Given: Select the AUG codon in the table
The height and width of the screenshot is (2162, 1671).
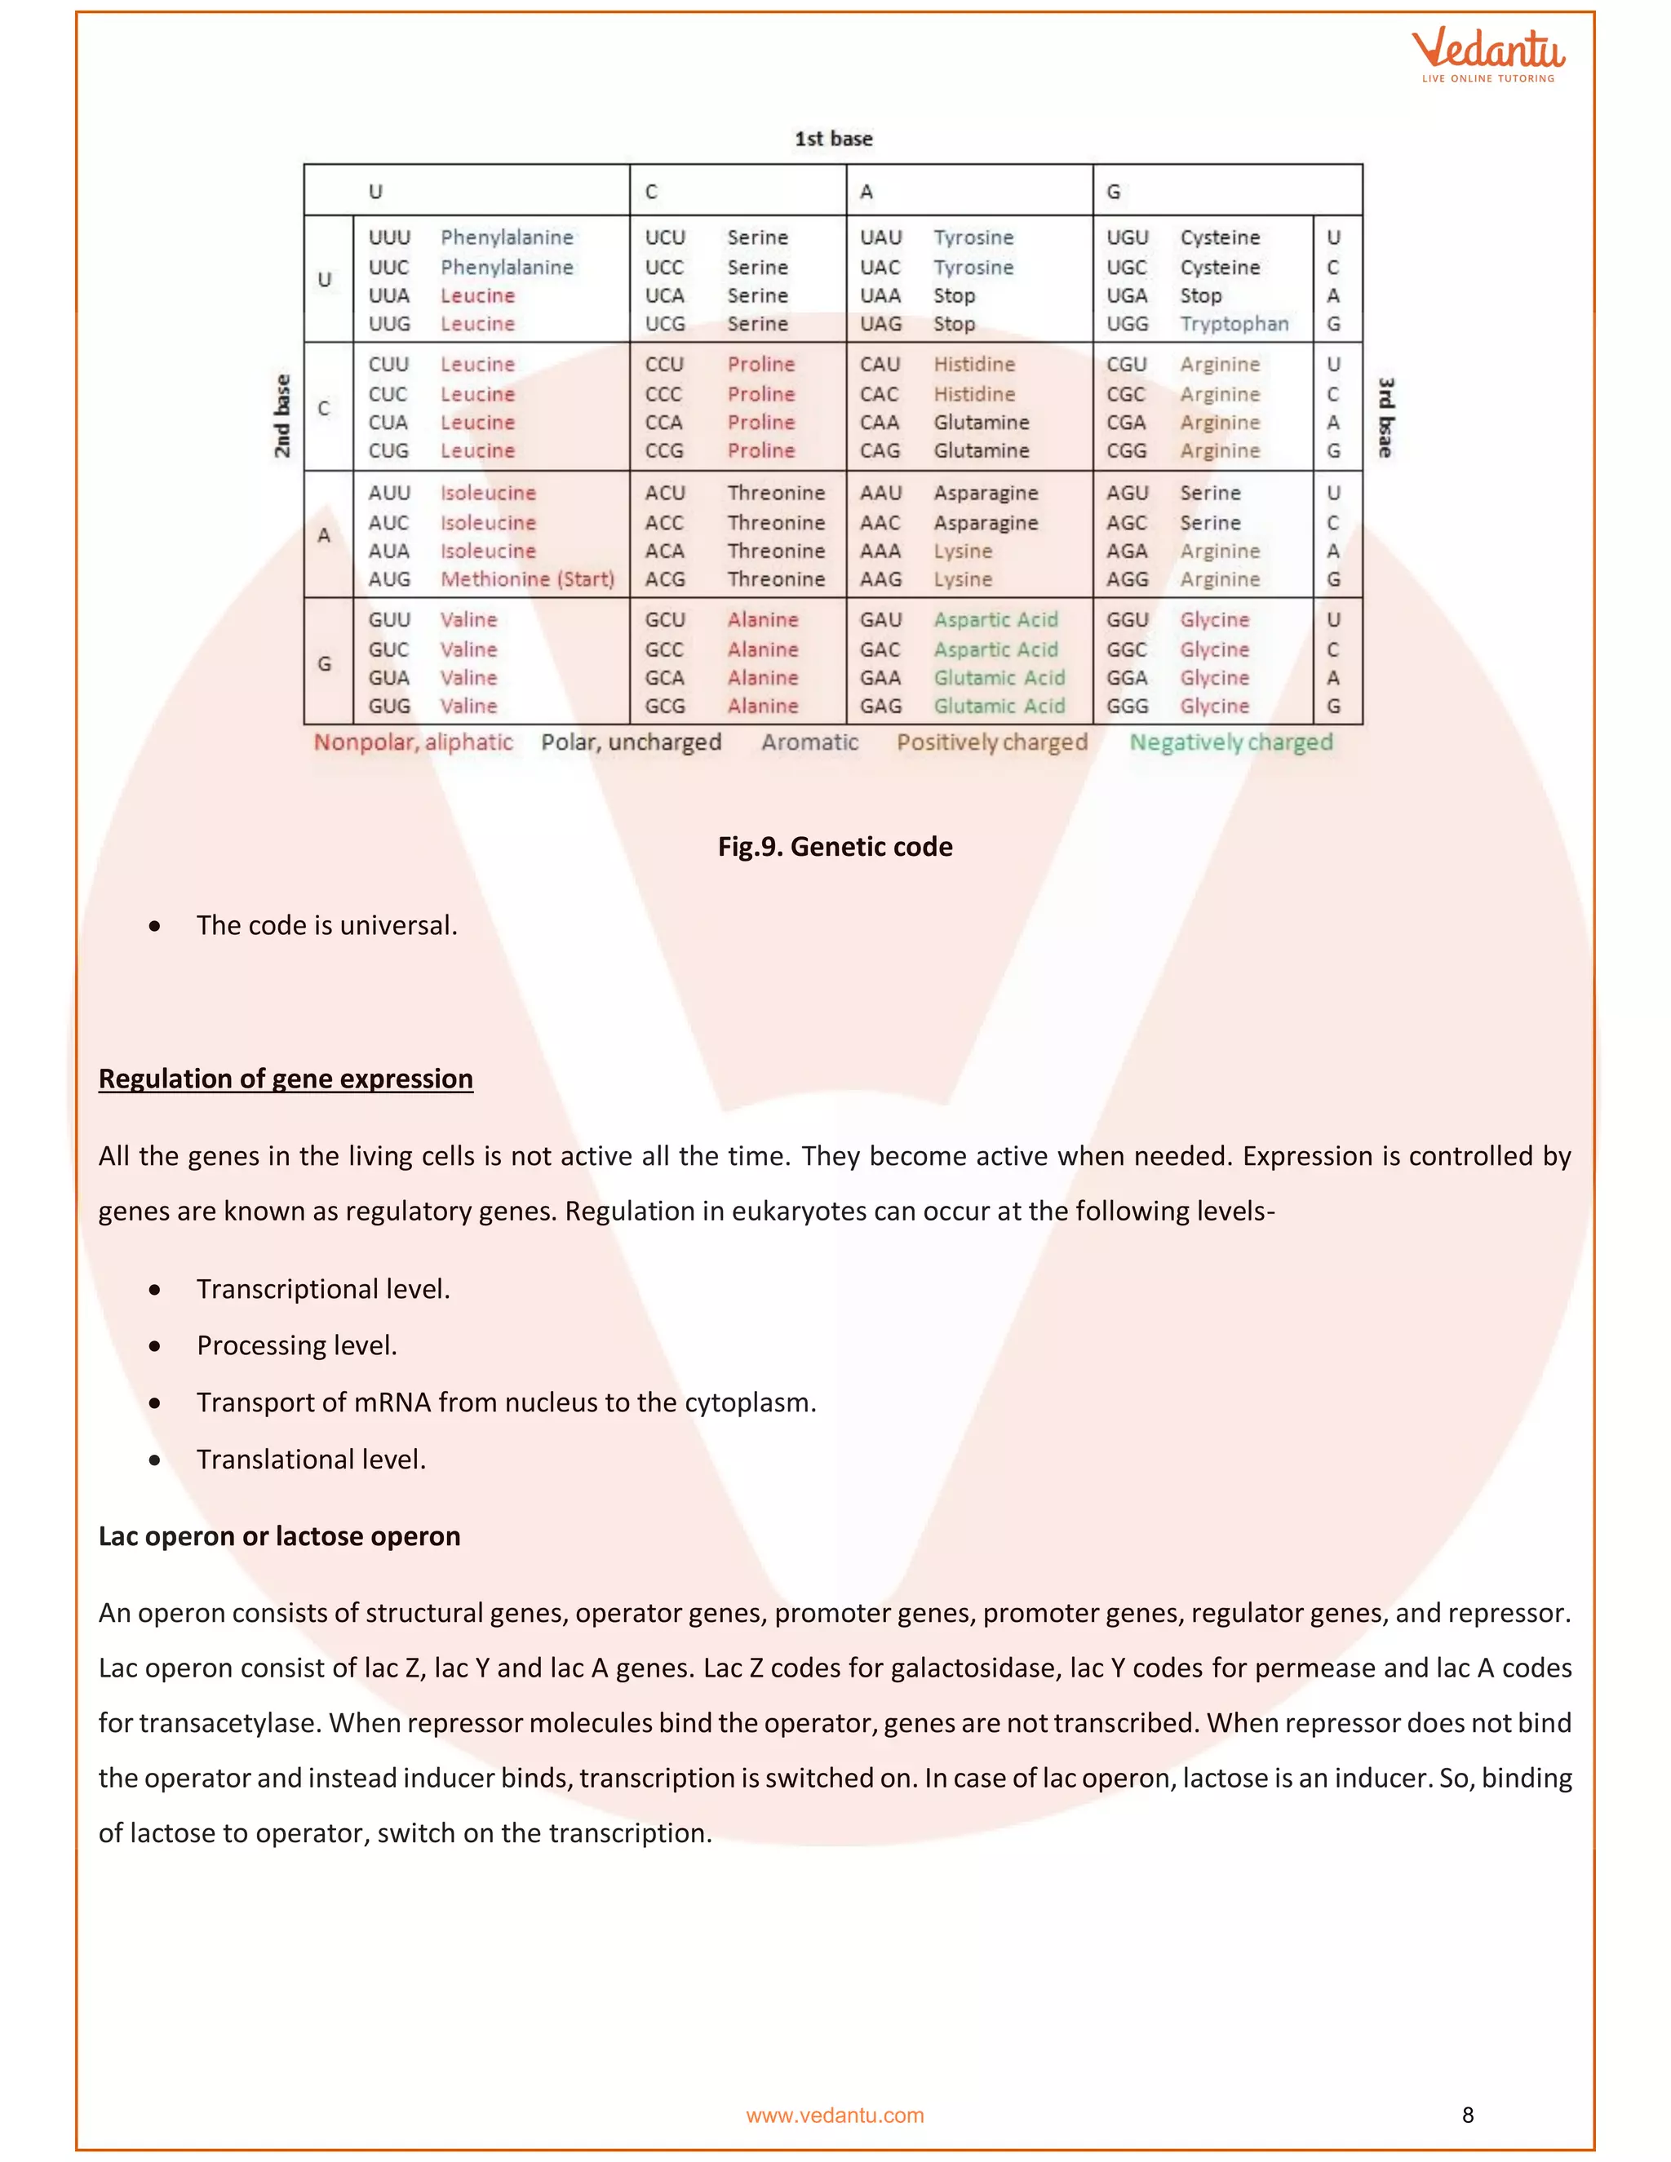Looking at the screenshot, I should click(x=389, y=579).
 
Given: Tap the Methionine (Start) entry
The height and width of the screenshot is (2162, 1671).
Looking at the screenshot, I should click(x=526, y=579).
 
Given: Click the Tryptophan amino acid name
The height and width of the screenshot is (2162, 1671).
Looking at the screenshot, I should click(x=1234, y=324).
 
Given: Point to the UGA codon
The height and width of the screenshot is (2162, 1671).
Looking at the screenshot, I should click(x=1127, y=295).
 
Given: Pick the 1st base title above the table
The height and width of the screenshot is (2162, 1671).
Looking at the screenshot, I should click(x=834, y=139).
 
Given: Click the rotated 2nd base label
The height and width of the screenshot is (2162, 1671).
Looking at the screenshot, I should click(x=283, y=416).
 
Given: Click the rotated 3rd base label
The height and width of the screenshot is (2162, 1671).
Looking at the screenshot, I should click(x=1386, y=417).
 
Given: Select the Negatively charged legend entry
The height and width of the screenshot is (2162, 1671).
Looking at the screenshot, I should click(x=1230, y=742).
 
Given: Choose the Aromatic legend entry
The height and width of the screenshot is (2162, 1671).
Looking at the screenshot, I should click(x=809, y=742).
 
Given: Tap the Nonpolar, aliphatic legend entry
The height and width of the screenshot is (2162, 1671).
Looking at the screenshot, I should click(x=413, y=742).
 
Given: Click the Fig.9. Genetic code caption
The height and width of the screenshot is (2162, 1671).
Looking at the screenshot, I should click(x=835, y=846).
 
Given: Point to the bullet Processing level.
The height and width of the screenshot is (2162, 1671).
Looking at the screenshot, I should click(x=296, y=1345).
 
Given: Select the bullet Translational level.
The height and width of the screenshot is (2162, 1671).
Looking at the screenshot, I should click(x=311, y=1460).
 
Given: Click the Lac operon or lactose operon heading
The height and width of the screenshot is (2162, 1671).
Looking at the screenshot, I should click(x=279, y=1535).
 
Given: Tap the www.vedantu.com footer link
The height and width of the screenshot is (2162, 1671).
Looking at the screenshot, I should click(x=835, y=2115).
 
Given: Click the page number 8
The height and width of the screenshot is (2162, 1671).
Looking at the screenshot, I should click(x=1467, y=2115).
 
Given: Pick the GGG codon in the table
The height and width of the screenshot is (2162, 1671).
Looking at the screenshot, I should click(x=1127, y=706).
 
